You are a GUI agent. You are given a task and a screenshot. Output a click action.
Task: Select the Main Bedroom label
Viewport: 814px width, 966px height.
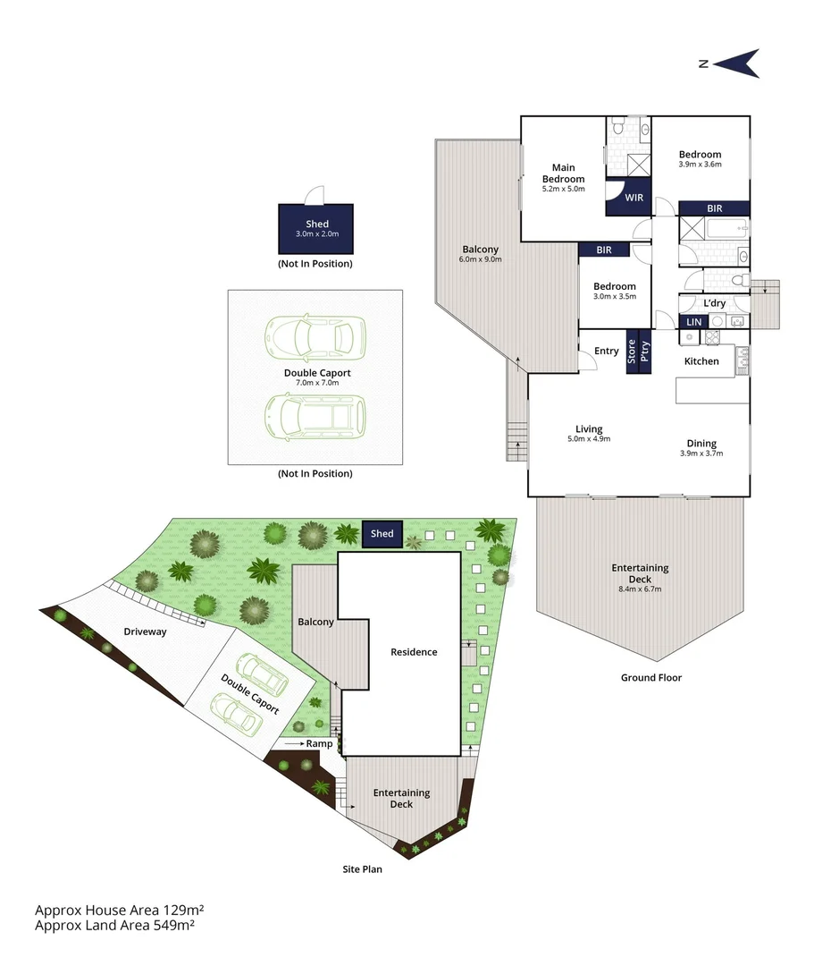[x=563, y=174]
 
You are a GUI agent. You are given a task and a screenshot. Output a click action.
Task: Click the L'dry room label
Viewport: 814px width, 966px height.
[x=714, y=304]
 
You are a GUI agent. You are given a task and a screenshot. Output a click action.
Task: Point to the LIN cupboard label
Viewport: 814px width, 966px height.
[x=693, y=322]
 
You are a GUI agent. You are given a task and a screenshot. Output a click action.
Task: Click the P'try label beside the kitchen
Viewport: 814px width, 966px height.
[x=644, y=351]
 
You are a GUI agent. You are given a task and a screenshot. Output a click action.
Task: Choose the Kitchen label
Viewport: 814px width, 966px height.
[x=701, y=361]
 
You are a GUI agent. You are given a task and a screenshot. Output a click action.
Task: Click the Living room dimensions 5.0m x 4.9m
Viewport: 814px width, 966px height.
[x=589, y=439]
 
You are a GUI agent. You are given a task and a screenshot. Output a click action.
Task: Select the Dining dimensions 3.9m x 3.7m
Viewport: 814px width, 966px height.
[x=701, y=453]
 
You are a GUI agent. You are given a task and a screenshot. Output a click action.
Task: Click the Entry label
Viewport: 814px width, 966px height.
[x=607, y=351]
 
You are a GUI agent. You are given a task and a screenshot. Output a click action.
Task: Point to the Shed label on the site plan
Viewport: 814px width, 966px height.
[x=382, y=534]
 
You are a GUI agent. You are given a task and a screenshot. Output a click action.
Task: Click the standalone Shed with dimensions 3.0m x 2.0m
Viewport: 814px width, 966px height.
[x=317, y=228]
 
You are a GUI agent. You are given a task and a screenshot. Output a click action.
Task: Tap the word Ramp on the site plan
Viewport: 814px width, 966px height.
[x=319, y=743]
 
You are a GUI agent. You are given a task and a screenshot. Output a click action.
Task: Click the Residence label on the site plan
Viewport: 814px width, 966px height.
[x=414, y=652]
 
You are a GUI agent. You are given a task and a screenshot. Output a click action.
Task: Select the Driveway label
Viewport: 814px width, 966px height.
[x=145, y=631]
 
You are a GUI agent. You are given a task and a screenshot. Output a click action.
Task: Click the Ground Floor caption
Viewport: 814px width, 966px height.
[x=651, y=678]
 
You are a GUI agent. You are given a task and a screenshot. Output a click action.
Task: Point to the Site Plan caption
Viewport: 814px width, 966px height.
[x=363, y=869]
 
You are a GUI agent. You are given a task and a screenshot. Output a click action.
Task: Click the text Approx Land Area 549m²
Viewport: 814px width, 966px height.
[x=114, y=926]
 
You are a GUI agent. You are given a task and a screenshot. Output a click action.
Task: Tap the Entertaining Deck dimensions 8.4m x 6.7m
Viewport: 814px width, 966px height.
[x=640, y=589]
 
